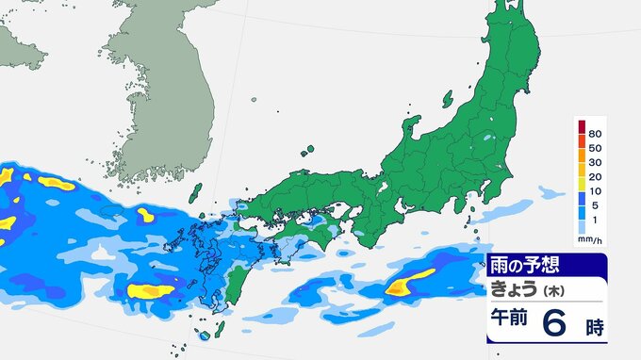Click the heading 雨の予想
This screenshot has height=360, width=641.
(522, 267)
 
